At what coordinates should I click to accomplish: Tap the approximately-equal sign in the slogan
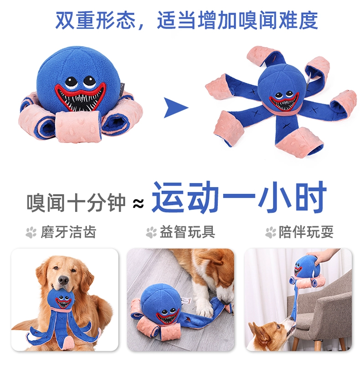138,204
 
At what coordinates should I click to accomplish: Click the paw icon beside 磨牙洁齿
31,232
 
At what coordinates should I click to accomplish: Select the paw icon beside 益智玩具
151,232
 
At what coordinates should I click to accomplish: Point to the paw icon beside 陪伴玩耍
271,232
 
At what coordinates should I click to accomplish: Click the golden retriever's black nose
63,280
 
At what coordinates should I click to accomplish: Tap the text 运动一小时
239,198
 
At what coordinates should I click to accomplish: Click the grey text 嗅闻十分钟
76,203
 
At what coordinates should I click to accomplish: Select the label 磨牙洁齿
68,232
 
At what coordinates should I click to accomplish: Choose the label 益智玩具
187,232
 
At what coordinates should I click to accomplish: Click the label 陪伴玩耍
306,232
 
